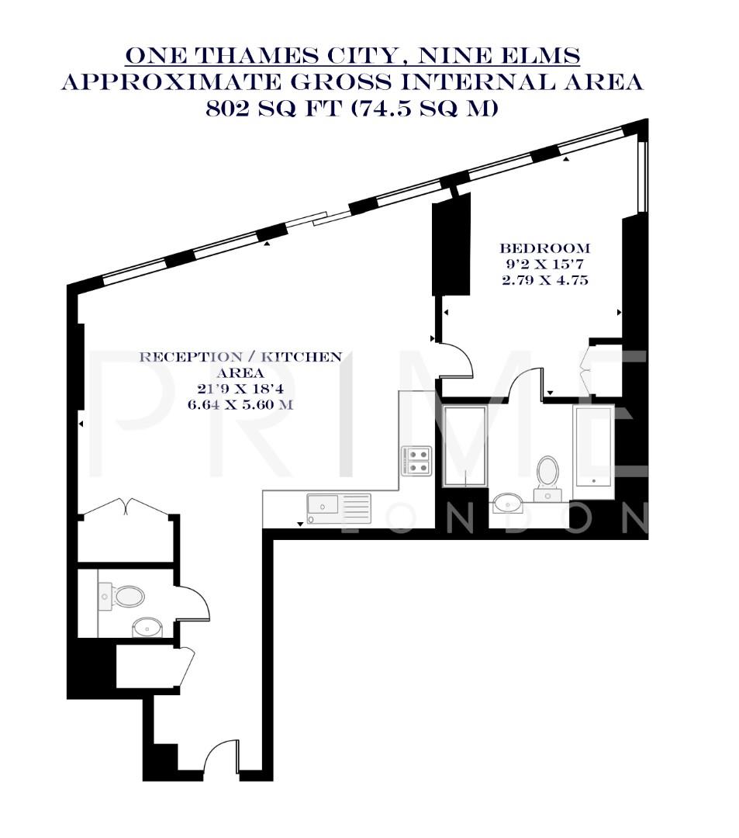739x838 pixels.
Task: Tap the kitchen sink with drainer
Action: point(339,509)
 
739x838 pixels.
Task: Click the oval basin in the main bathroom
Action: point(509,500)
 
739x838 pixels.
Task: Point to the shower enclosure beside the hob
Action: point(464,446)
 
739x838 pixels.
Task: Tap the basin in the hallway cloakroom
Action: point(146,626)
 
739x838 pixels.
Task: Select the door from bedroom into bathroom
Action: point(527,382)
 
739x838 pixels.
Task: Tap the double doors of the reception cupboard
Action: point(127,508)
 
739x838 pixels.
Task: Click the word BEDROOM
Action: point(544,248)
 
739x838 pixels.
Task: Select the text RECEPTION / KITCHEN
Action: point(240,357)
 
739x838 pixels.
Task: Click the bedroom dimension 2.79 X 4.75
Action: point(544,280)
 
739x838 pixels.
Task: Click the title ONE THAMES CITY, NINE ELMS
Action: point(353,56)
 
